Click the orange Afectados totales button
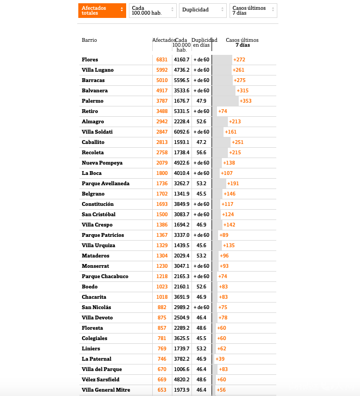pos(102,10)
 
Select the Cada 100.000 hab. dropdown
pos(152,10)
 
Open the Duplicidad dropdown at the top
pos(203,10)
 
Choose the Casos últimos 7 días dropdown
pos(253,10)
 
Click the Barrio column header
pos(90,40)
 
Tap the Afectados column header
pos(163,40)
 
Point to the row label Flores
pos(90,59)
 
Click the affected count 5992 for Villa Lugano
pos(162,70)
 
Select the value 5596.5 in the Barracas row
pos(182,80)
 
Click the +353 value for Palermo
pos(246,100)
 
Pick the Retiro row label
pos(90,111)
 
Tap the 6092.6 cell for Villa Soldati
pos(182,131)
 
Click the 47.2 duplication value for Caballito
pos(201,142)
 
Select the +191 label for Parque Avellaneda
pos(233,183)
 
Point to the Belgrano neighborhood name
pos(93,193)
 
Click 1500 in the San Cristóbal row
pos(162,214)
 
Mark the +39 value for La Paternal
pos(220,359)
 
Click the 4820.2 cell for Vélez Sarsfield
pos(182,379)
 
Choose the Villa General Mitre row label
pos(106,389)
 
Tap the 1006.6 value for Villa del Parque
pos(182,369)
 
